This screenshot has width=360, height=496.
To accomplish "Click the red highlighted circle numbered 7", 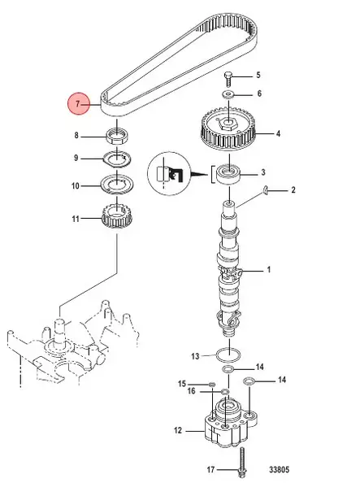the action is [78, 104].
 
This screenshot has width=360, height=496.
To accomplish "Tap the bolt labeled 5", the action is [228, 79].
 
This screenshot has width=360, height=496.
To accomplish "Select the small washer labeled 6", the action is [228, 94].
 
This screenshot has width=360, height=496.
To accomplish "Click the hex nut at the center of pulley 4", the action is [228, 124].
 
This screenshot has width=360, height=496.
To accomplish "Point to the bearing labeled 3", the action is [228, 174].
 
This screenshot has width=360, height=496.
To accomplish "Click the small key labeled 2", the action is [266, 189].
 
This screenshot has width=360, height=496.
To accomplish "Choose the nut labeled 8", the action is [118, 137].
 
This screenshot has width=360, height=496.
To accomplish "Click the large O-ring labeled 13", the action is [229, 355].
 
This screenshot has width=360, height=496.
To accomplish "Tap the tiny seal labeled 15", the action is [212, 385].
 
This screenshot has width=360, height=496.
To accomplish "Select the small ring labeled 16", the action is [225, 392].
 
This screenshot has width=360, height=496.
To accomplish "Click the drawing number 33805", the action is [279, 469].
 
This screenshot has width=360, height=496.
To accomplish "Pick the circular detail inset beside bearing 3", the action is [169, 173].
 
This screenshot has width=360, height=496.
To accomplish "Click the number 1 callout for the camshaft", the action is [269, 270].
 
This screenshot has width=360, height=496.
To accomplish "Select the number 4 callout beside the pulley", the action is [278, 134].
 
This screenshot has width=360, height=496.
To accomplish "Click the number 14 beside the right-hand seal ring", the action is [282, 380].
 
